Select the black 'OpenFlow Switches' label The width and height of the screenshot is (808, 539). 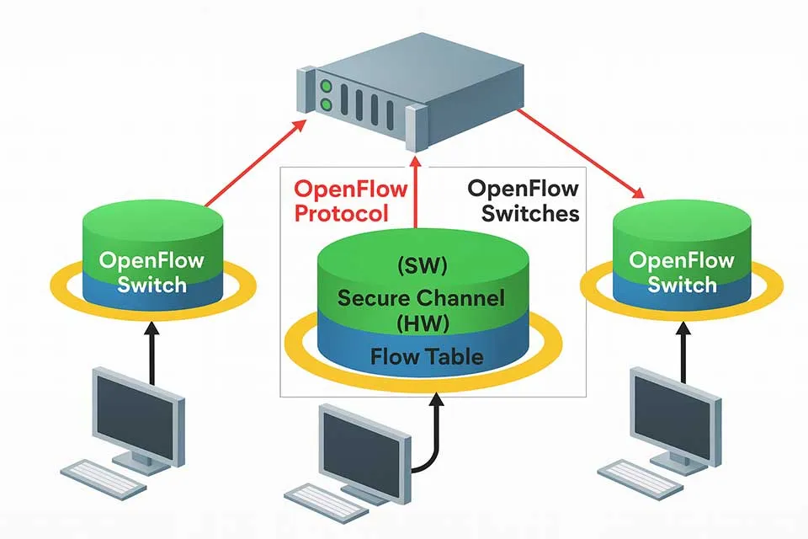(x=522, y=200)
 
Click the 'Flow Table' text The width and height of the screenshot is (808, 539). (x=427, y=356)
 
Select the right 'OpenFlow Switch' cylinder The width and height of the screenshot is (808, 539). (x=682, y=261)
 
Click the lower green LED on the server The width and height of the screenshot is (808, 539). (x=326, y=104)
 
